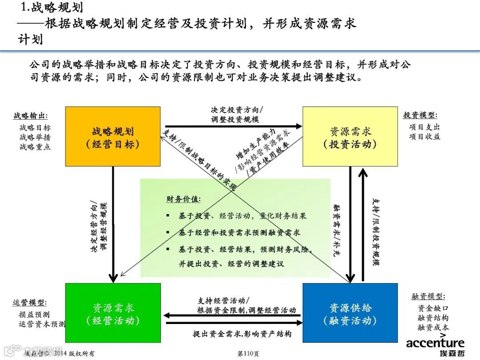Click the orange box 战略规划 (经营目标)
click(x=113, y=136)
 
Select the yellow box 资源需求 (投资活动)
click(x=350, y=136)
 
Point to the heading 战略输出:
click(x=30, y=116)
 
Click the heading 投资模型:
click(x=420, y=116)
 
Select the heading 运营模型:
click(x=30, y=303)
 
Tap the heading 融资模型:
click(x=428, y=296)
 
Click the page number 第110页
click(x=248, y=354)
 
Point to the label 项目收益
click(x=425, y=137)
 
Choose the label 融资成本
click(x=433, y=328)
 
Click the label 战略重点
click(x=35, y=147)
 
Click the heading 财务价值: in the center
click(x=184, y=199)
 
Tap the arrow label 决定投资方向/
click(x=237, y=109)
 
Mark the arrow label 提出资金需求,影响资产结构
click(x=242, y=333)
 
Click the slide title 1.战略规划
click(x=52, y=8)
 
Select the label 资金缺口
click(x=433, y=308)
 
